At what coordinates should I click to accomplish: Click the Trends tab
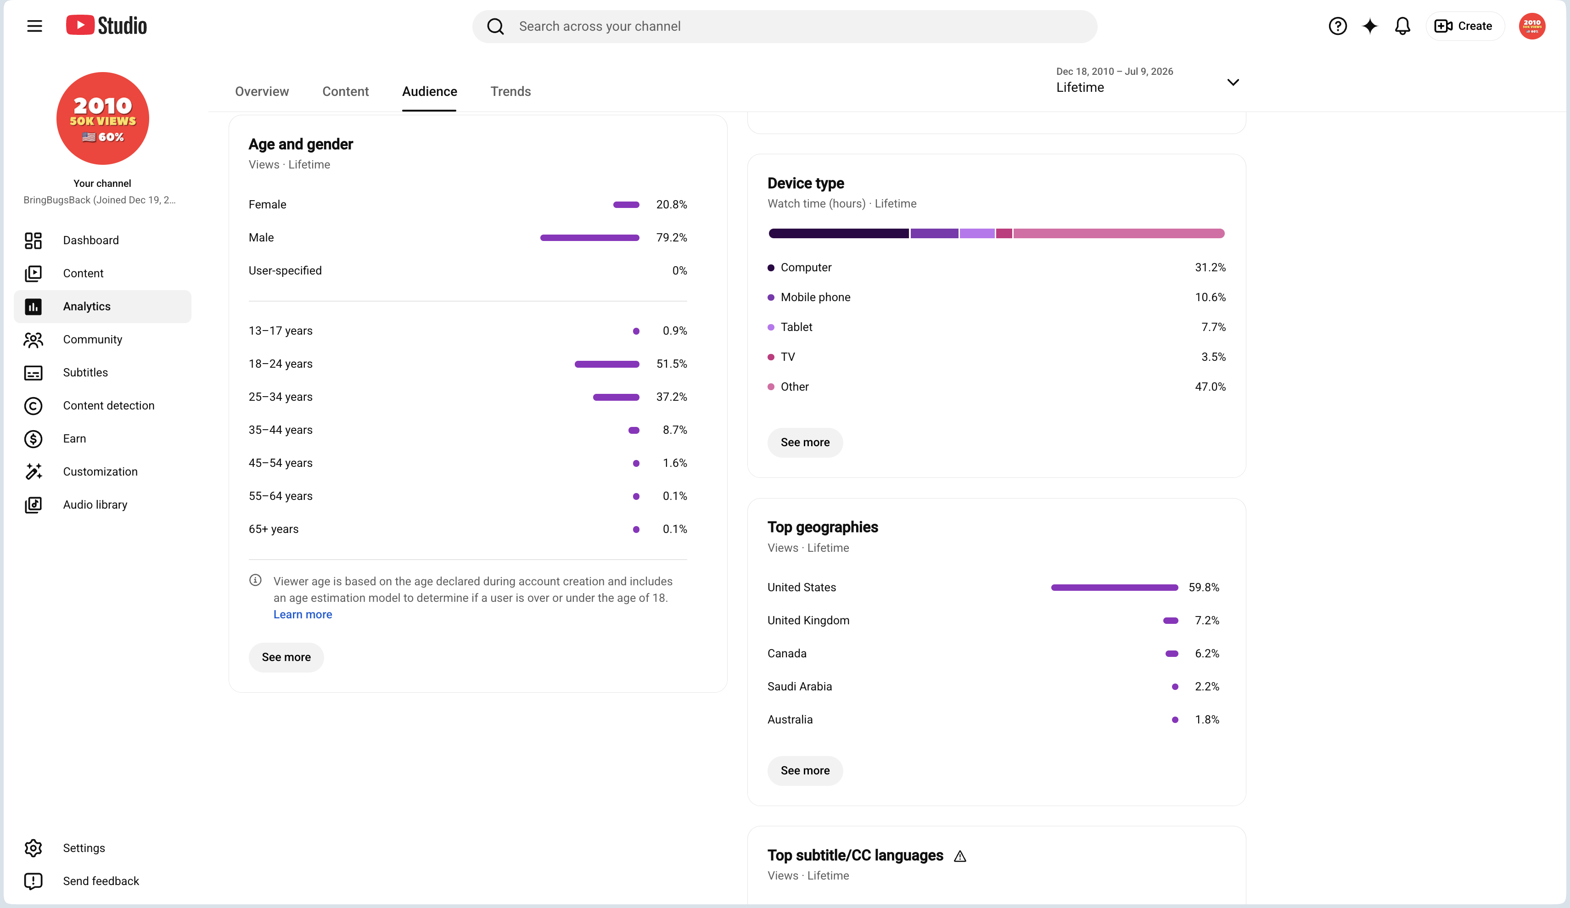tap(510, 92)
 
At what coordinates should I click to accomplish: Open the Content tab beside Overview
tap(345, 92)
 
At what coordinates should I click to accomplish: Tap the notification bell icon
tap(1402, 26)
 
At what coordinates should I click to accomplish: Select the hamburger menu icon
tap(35, 26)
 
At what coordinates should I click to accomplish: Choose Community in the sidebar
tap(92, 340)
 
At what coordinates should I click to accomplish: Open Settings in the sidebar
tap(84, 848)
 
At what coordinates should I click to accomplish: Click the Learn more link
tap(303, 615)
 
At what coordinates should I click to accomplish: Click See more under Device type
tap(805, 443)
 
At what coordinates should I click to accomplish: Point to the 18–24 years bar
tap(607, 364)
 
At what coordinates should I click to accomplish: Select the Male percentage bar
tap(589, 237)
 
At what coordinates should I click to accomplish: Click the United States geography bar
tap(1115, 588)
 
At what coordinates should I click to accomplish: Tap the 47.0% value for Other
tap(1210, 387)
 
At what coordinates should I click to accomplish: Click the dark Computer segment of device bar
tap(839, 234)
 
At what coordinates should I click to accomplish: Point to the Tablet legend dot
tap(771, 327)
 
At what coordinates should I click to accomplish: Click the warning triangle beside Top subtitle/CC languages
tap(960, 856)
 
